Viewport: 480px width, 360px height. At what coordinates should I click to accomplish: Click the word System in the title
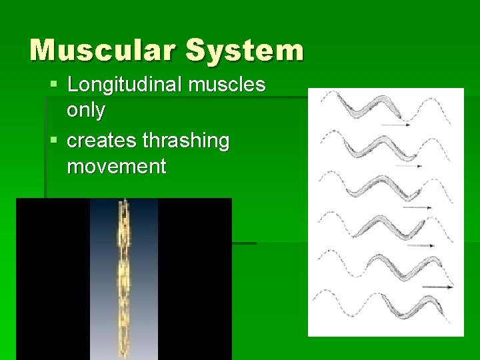244,50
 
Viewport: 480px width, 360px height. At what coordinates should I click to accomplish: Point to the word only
86,110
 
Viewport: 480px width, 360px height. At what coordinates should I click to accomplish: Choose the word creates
102,141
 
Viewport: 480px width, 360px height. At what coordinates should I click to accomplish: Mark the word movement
117,166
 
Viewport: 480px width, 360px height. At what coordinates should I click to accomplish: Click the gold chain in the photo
123,280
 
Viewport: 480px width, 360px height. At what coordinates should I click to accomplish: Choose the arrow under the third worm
417,207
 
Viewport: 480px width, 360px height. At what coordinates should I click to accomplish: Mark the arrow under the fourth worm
423,246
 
